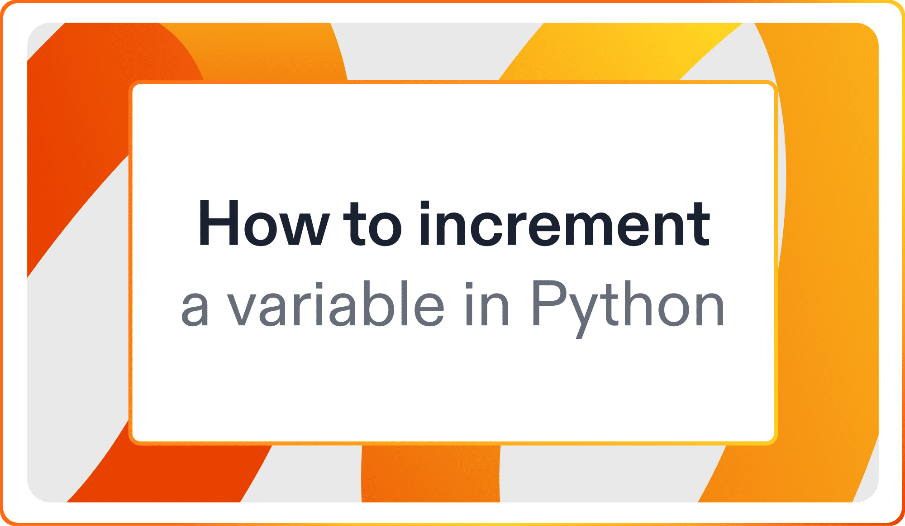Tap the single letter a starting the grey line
[x=195, y=310]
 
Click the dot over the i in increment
[x=424, y=205]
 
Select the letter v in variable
[x=243, y=310]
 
